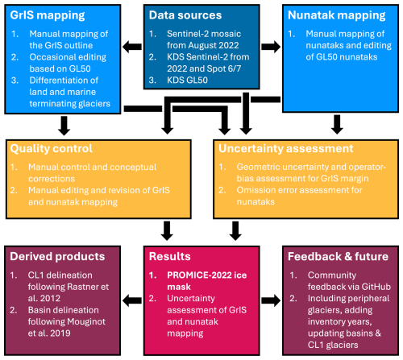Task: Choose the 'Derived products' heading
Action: point(59,255)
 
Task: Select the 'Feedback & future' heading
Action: point(332,255)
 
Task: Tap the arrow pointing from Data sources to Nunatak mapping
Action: point(272,48)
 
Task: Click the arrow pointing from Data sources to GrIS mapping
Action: point(130,48)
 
